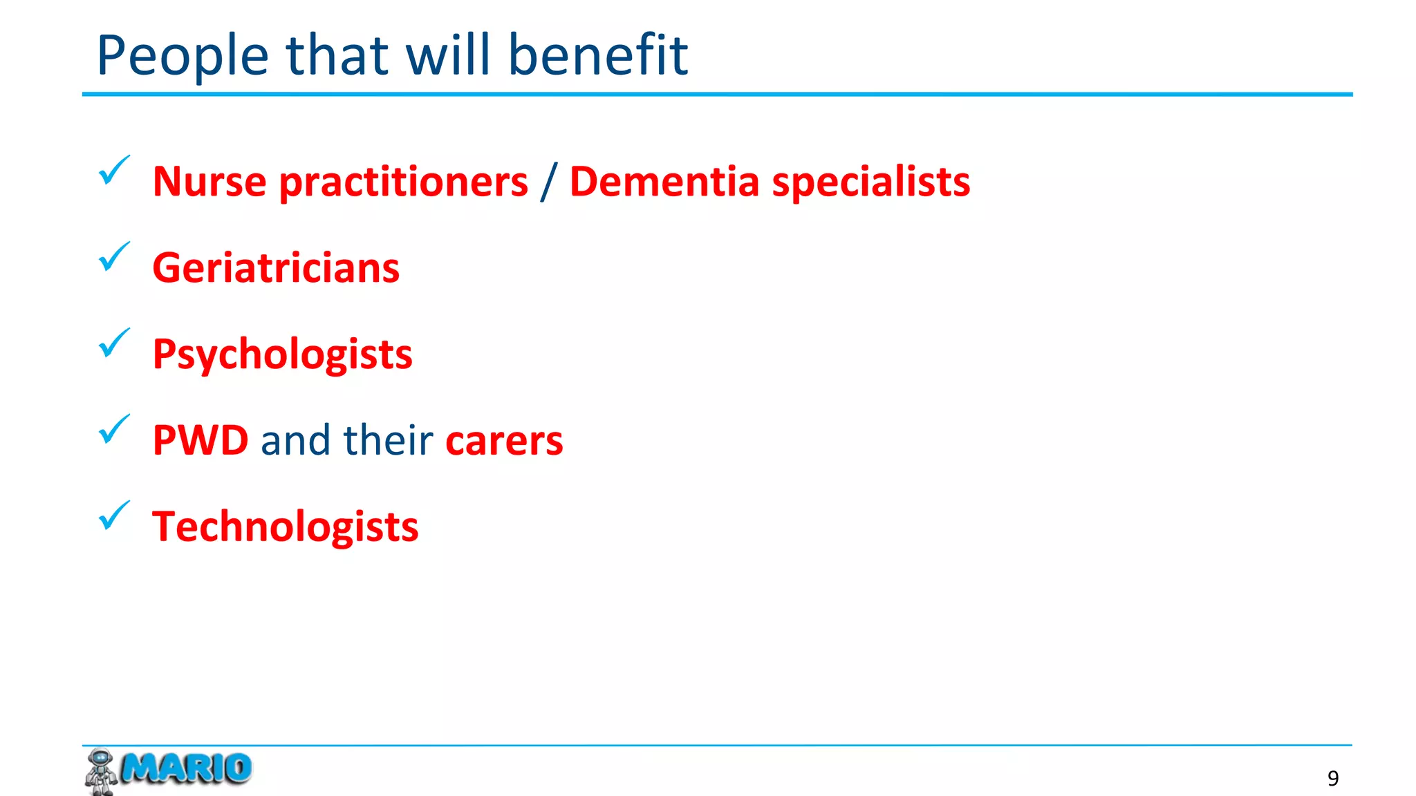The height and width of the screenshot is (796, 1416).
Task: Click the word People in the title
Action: (x=183, y=55)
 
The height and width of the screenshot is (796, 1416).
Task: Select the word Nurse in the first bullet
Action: (x=209, y=182)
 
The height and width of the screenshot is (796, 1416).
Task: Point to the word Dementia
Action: (x=664, y=182)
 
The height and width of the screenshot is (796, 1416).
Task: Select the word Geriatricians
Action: (x=276, y=268)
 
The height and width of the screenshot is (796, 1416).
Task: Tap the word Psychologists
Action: (x=282, y=355)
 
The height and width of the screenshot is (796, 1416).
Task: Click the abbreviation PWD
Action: (x=201, y=440)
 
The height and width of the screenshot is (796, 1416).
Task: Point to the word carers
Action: (x=504, y=441)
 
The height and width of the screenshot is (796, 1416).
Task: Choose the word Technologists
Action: (x=285, y=527)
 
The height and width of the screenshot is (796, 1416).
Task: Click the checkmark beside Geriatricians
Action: (x=114, y=256)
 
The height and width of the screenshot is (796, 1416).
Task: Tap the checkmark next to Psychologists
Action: (x=114, y=343)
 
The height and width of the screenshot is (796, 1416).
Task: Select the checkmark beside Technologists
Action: (x=114, y=515)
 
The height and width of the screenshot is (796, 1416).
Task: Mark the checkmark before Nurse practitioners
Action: (x=114, y=170)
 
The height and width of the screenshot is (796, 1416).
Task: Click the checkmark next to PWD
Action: (x=114, y=429)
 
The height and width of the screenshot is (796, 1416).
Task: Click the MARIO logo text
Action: (x=186, y=768)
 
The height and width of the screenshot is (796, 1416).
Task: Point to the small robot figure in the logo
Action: (x=100, y=771)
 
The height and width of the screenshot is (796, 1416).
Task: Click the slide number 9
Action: (x=1333, y=779)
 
